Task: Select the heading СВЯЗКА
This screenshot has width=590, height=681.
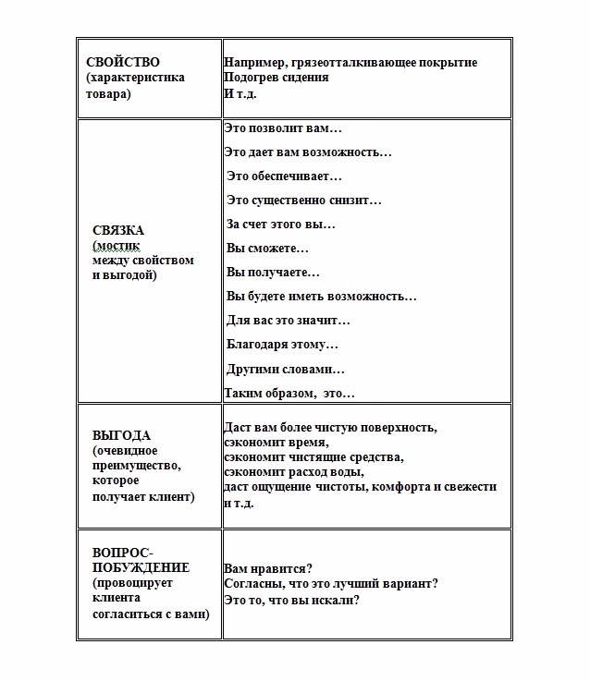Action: tap(118, 229)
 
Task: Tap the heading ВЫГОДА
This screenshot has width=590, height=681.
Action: tap(121, 435)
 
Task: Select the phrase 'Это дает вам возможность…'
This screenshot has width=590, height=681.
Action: tap(308, 152)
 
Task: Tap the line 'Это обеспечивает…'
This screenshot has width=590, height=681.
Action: tap(284, 176)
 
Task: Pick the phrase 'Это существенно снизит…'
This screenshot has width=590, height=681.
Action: tap(304, 200)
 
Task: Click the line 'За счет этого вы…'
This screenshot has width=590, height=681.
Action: tap(281, 224)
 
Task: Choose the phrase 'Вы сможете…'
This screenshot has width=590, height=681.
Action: tap(267, 248)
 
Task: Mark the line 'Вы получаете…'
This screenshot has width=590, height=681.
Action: tap(273, 273)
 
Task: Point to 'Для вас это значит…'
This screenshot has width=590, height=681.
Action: tap(289, 321)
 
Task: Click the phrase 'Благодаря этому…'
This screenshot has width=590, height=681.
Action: tap(282, 345)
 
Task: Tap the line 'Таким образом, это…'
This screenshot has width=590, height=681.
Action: tap(289, 393)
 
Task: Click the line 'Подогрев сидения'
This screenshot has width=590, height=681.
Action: tap(276, 78)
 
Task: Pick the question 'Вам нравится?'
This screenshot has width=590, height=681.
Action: tap(267, 567)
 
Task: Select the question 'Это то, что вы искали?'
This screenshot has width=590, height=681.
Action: tap(291, 599)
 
